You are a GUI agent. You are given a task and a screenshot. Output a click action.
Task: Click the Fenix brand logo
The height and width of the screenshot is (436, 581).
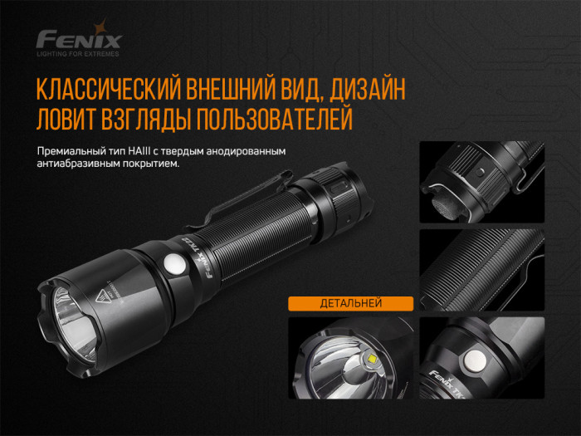[80, 38]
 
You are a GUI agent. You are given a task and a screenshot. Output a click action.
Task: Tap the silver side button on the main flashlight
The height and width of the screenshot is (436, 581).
[175, 265]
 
